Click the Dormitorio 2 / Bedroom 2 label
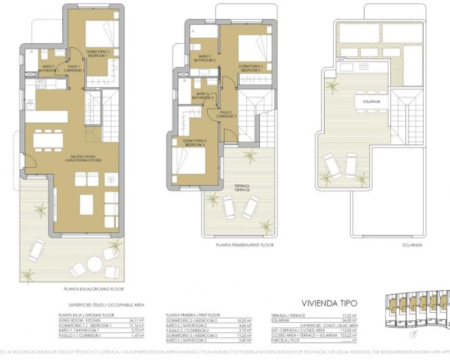point(250,68)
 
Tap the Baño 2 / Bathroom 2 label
point(204,58)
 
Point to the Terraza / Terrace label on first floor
point(242,188)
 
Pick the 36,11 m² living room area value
point(139,321)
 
